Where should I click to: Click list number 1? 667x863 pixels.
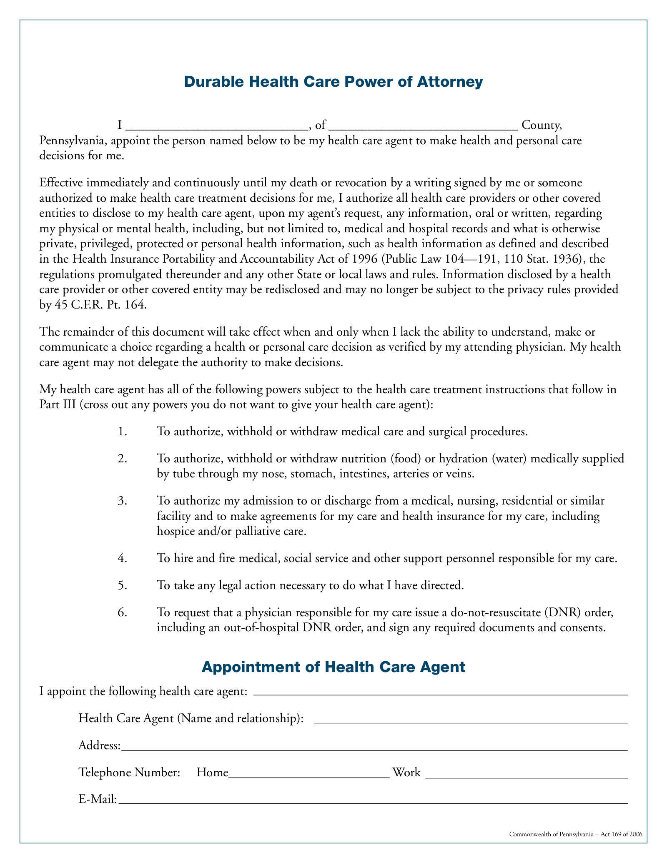click(122, 431)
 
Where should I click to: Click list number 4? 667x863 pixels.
click(122, 558)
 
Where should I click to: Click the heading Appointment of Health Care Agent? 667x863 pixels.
click(333, 667)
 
